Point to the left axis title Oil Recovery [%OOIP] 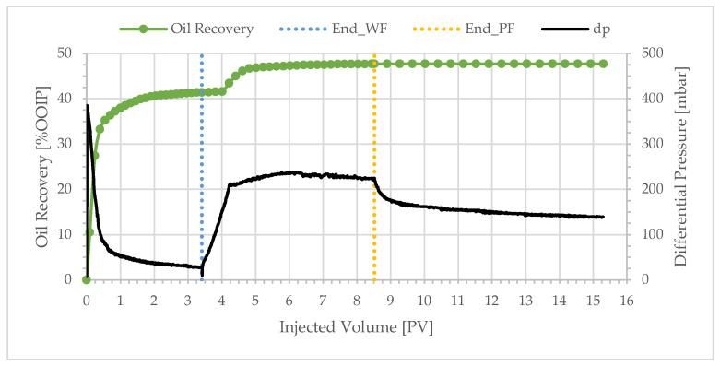coord(41,167)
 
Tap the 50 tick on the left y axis coord(66,53)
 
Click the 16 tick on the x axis coord(626,300)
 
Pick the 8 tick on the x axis coord(356,300)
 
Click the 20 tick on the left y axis coord(66,189)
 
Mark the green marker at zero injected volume coord(86,279)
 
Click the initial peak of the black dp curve coord(88,106)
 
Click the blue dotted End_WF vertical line coord(202,184)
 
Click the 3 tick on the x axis coord(187,300)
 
